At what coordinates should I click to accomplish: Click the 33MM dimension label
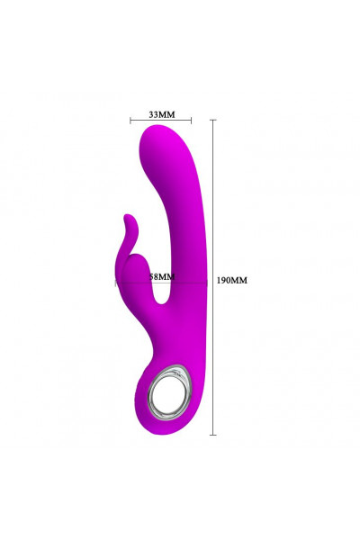[162, 114]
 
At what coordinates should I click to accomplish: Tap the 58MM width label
[162, 276]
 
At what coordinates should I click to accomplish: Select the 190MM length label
[232, 280]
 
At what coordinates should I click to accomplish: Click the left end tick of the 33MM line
[130, 121]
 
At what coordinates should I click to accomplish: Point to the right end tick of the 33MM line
[191, 121]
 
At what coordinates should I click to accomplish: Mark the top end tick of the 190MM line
[213, 120]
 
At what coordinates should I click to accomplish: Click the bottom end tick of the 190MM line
[213, 435]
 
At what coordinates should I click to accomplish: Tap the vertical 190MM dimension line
[213, 277]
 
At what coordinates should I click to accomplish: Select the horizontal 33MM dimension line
[161, 121]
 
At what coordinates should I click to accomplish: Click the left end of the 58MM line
[115, 283]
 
